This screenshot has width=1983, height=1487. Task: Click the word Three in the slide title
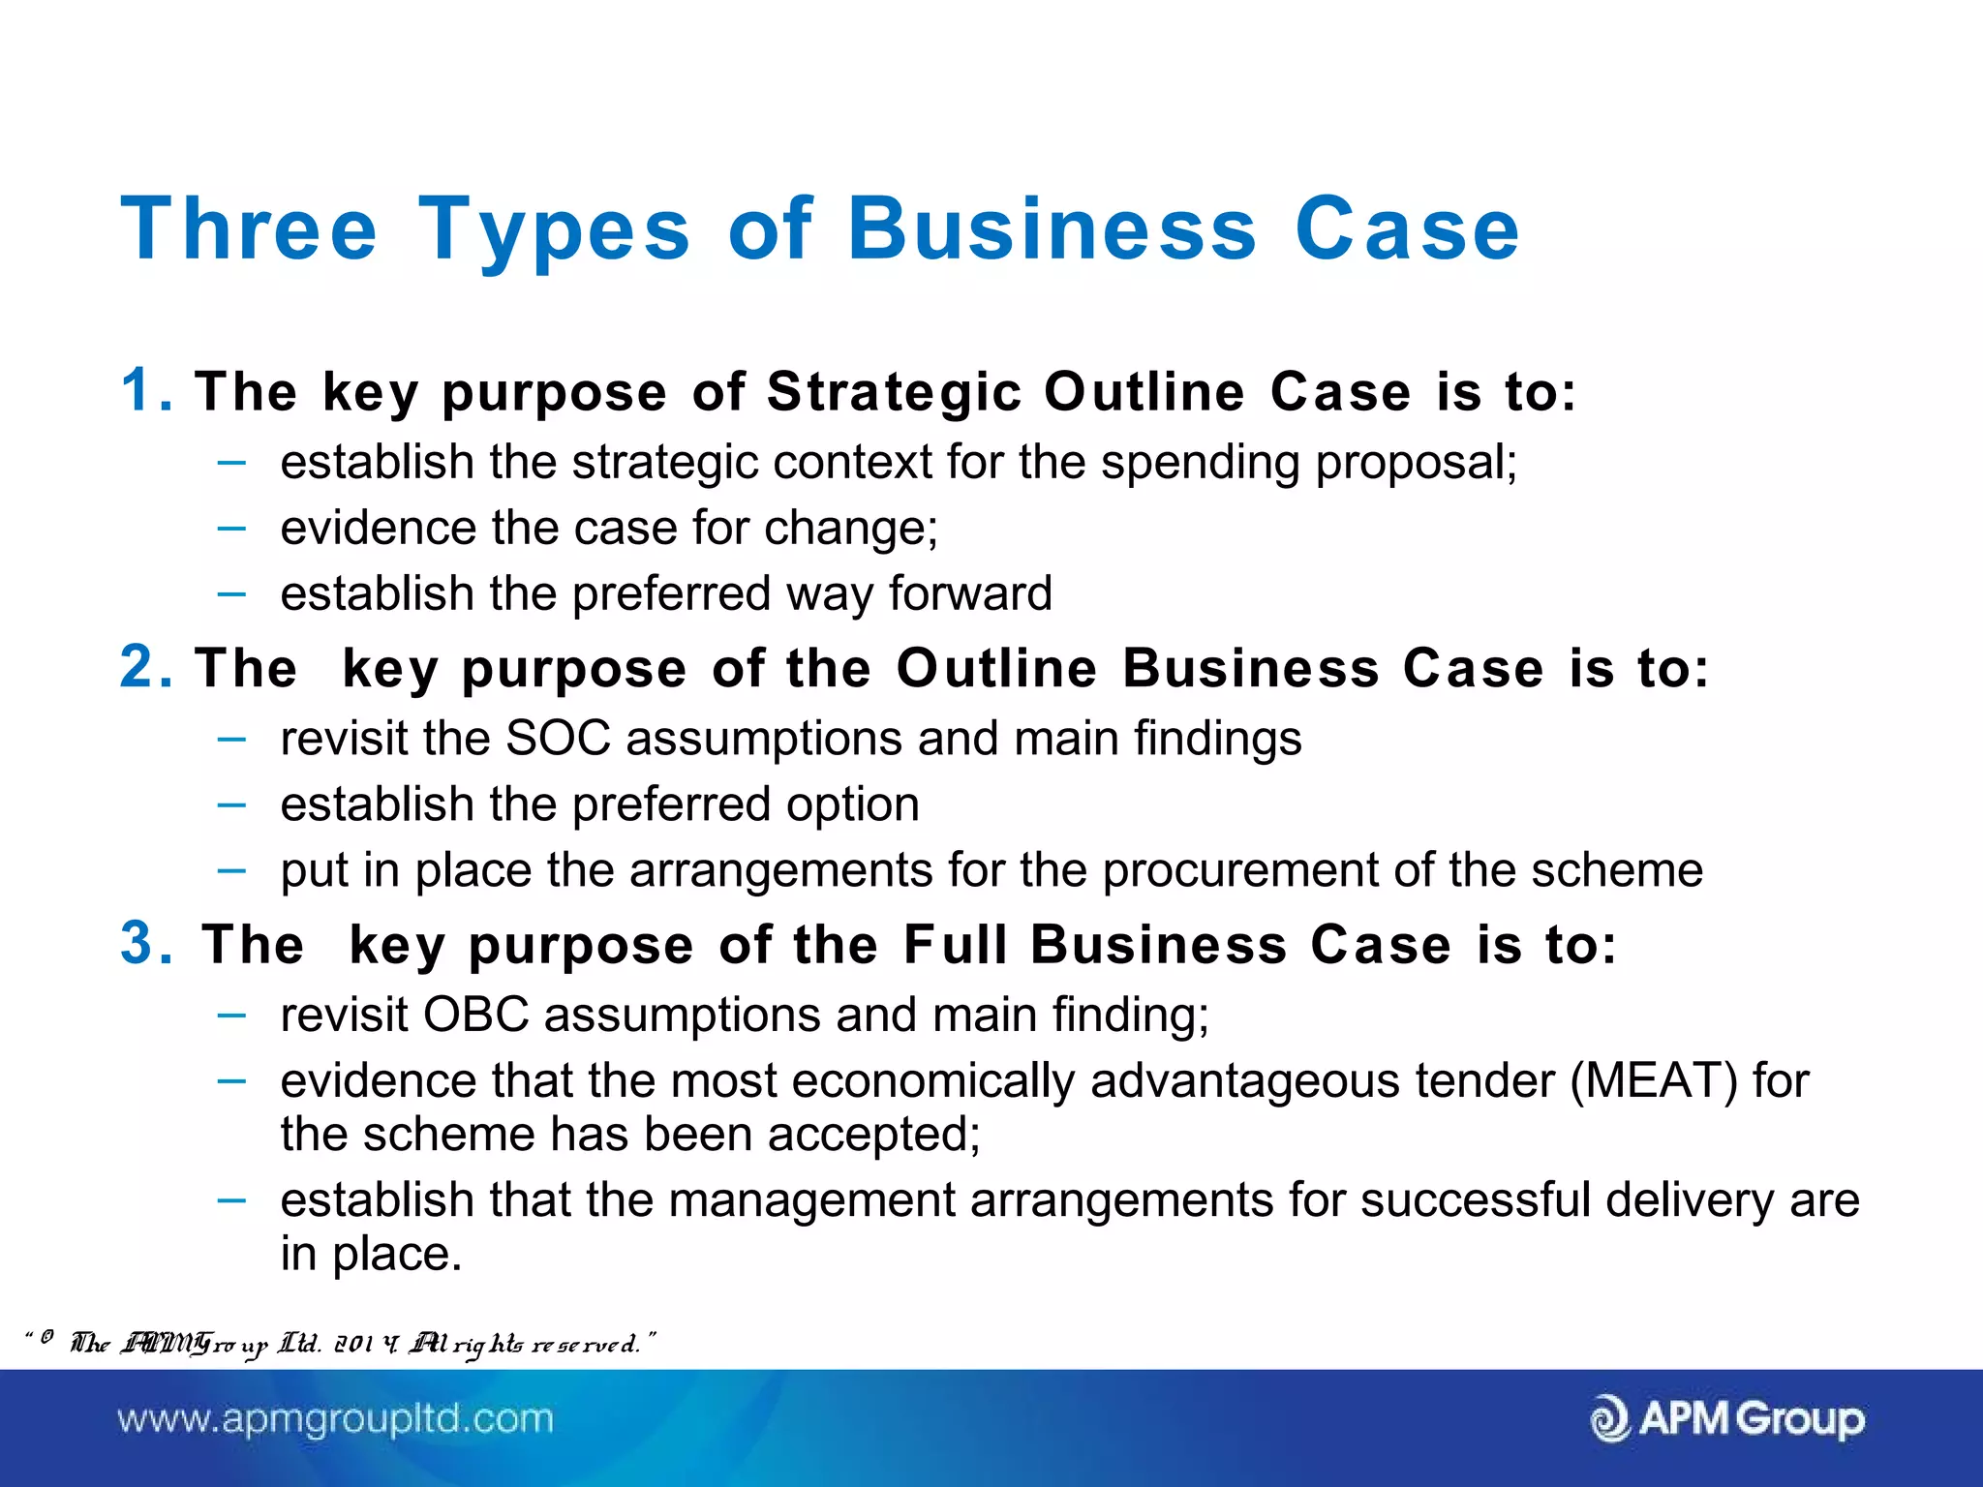pos(249,229)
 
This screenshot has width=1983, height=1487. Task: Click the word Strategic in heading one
pos(894,393)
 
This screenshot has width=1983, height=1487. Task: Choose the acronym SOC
pos(558,739)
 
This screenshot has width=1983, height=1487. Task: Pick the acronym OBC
pos(475,1016)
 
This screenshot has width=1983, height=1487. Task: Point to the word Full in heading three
pos(955,945)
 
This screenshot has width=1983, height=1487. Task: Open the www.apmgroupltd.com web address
pos(335,1419)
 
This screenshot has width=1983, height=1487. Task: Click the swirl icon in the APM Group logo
pos(1609,1419)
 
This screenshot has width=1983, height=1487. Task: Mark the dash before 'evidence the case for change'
pos(231,529)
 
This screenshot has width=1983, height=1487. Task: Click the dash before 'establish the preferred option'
pos(231,804)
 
